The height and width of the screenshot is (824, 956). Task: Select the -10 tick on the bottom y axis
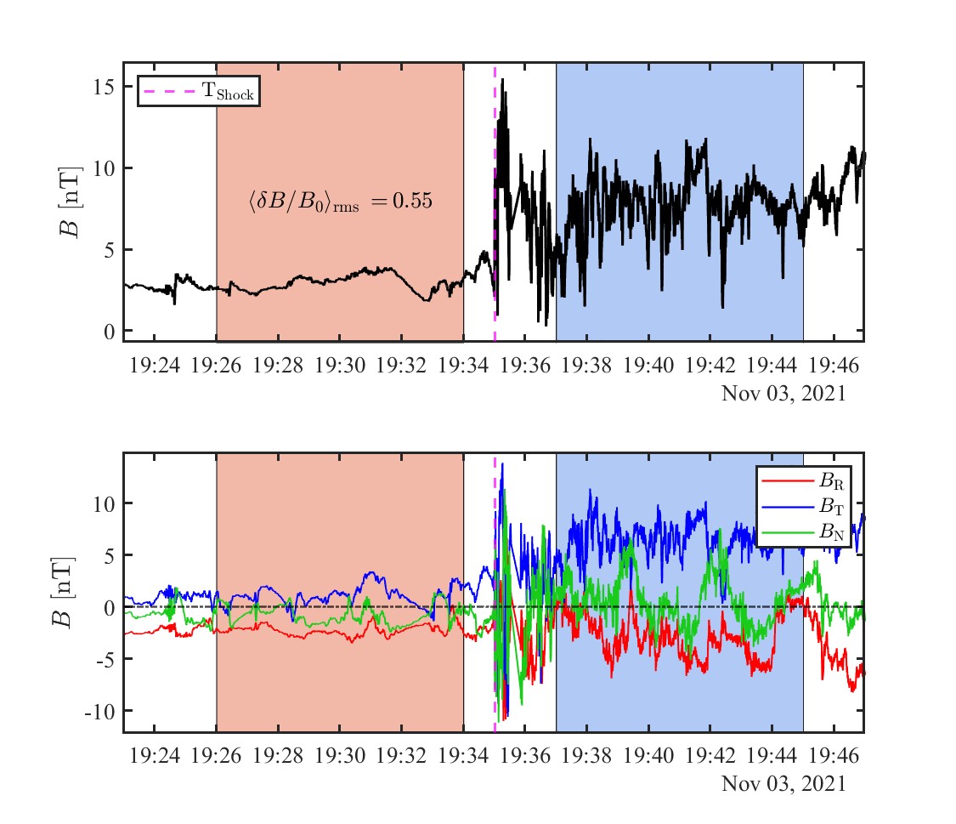pos(99,711)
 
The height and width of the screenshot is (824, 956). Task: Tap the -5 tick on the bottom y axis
pos(103,659)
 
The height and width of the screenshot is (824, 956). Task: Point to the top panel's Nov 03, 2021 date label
pos(783,394)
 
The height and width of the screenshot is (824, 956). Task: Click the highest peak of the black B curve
pos(503,80)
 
